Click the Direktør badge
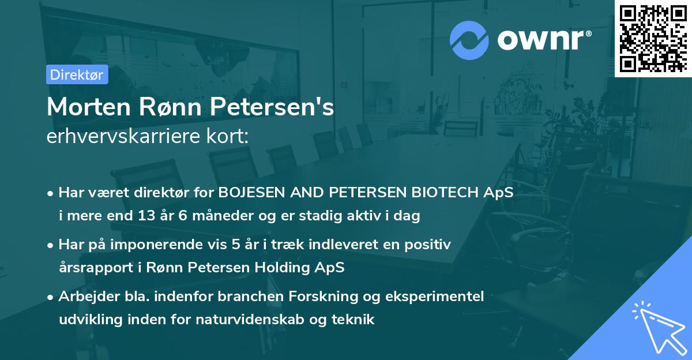pos(77,74)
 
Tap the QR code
pos(653,38)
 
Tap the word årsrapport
pos(91,268)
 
